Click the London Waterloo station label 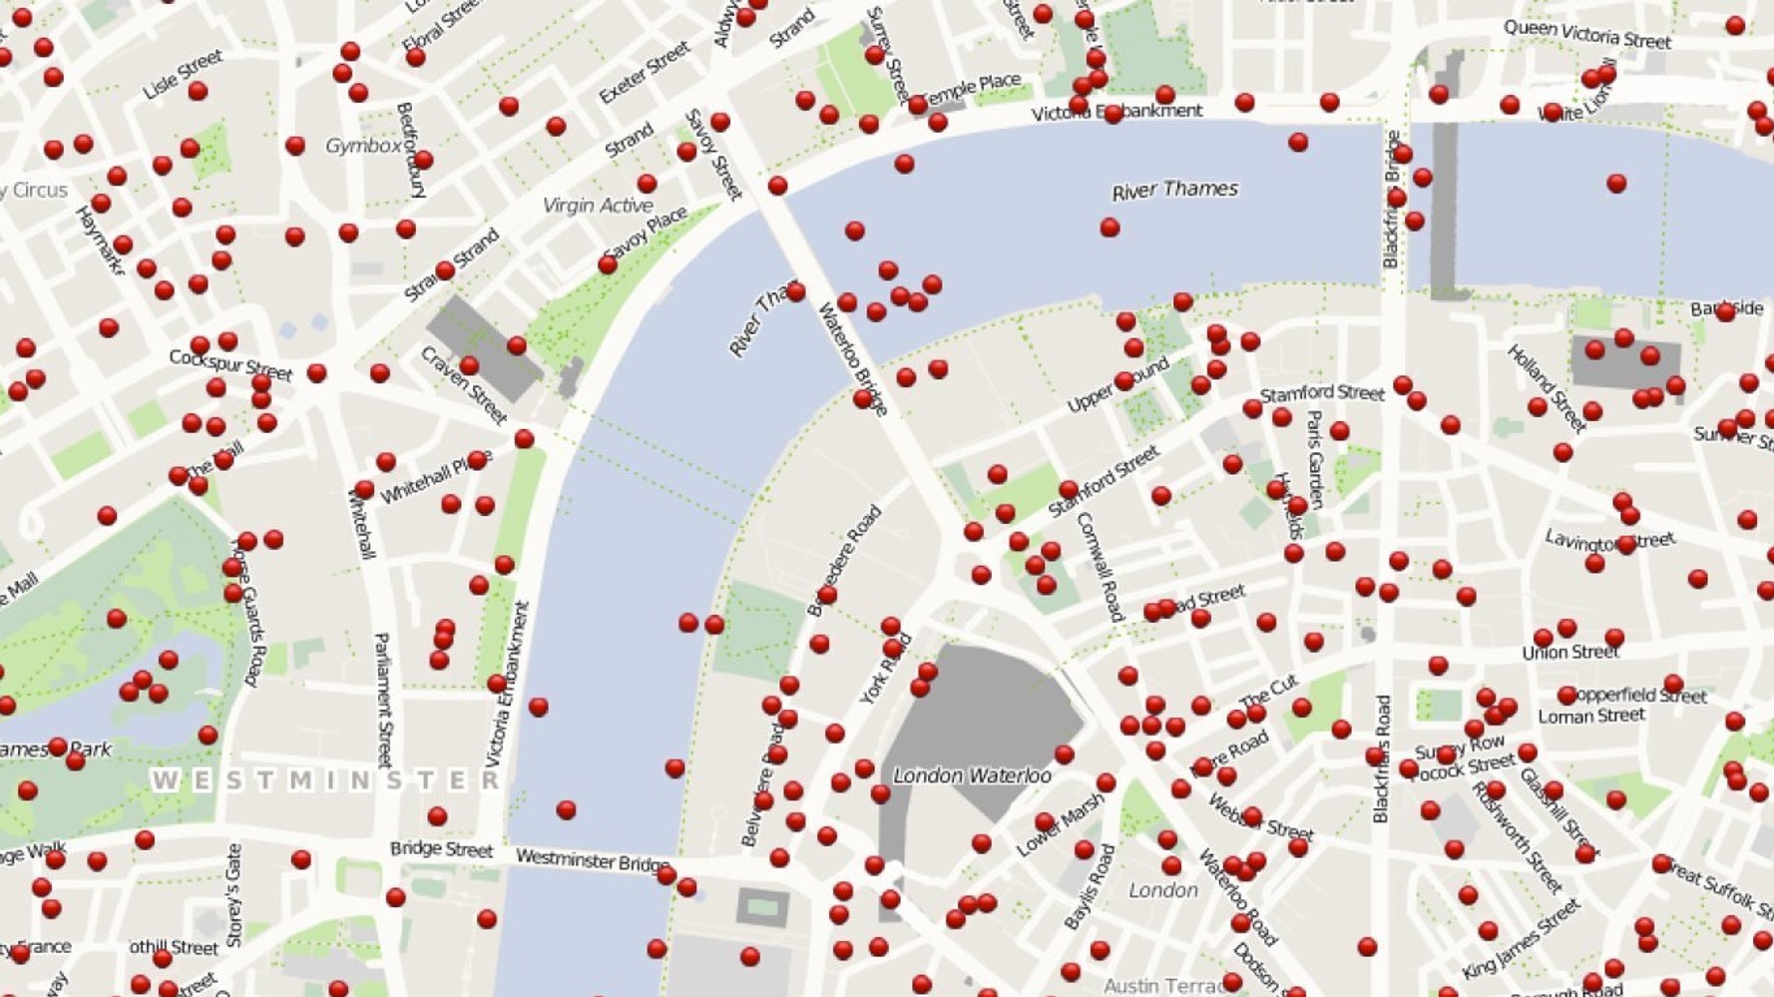[x=971, y=775]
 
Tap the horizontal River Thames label [x=1174, y=190]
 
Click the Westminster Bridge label [x=593, y=860]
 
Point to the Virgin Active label [x=598, y=206]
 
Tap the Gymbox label [x=363, y=146]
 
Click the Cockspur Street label [x=230, y=364]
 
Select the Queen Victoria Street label [x=1586, y=35]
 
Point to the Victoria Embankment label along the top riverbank [x=1116, y=112]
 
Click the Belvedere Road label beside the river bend [x=844, y=560]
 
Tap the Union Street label [x=1570, y=653]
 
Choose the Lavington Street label [x=1608, y=541]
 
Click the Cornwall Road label [x=1100, y=566]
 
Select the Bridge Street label [x=441, y=849]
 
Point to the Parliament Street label [x=383, y=699]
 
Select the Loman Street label [x=1590, y=716]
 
